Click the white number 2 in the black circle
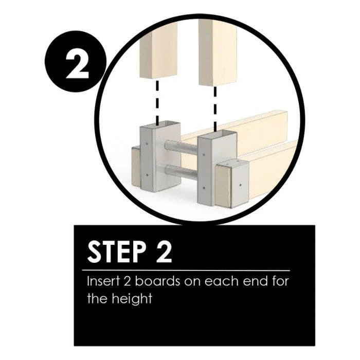tap(77, 64)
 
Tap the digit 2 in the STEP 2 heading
tap(164, 253)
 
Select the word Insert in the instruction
tap(103, 281)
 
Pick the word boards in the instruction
tap(157, 281)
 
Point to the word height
tap(132, 299)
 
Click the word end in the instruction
tap(255, 281)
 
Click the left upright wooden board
tap(158, 50)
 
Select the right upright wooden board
tap(218, 52)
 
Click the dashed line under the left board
tap(157, 102)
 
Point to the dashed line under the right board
tap(215, 109)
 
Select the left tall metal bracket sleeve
tap(160, 157)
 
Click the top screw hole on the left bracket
tap(147, 144)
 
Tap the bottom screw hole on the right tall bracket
tap(204, 188)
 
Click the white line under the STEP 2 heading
tap(186, 271)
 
